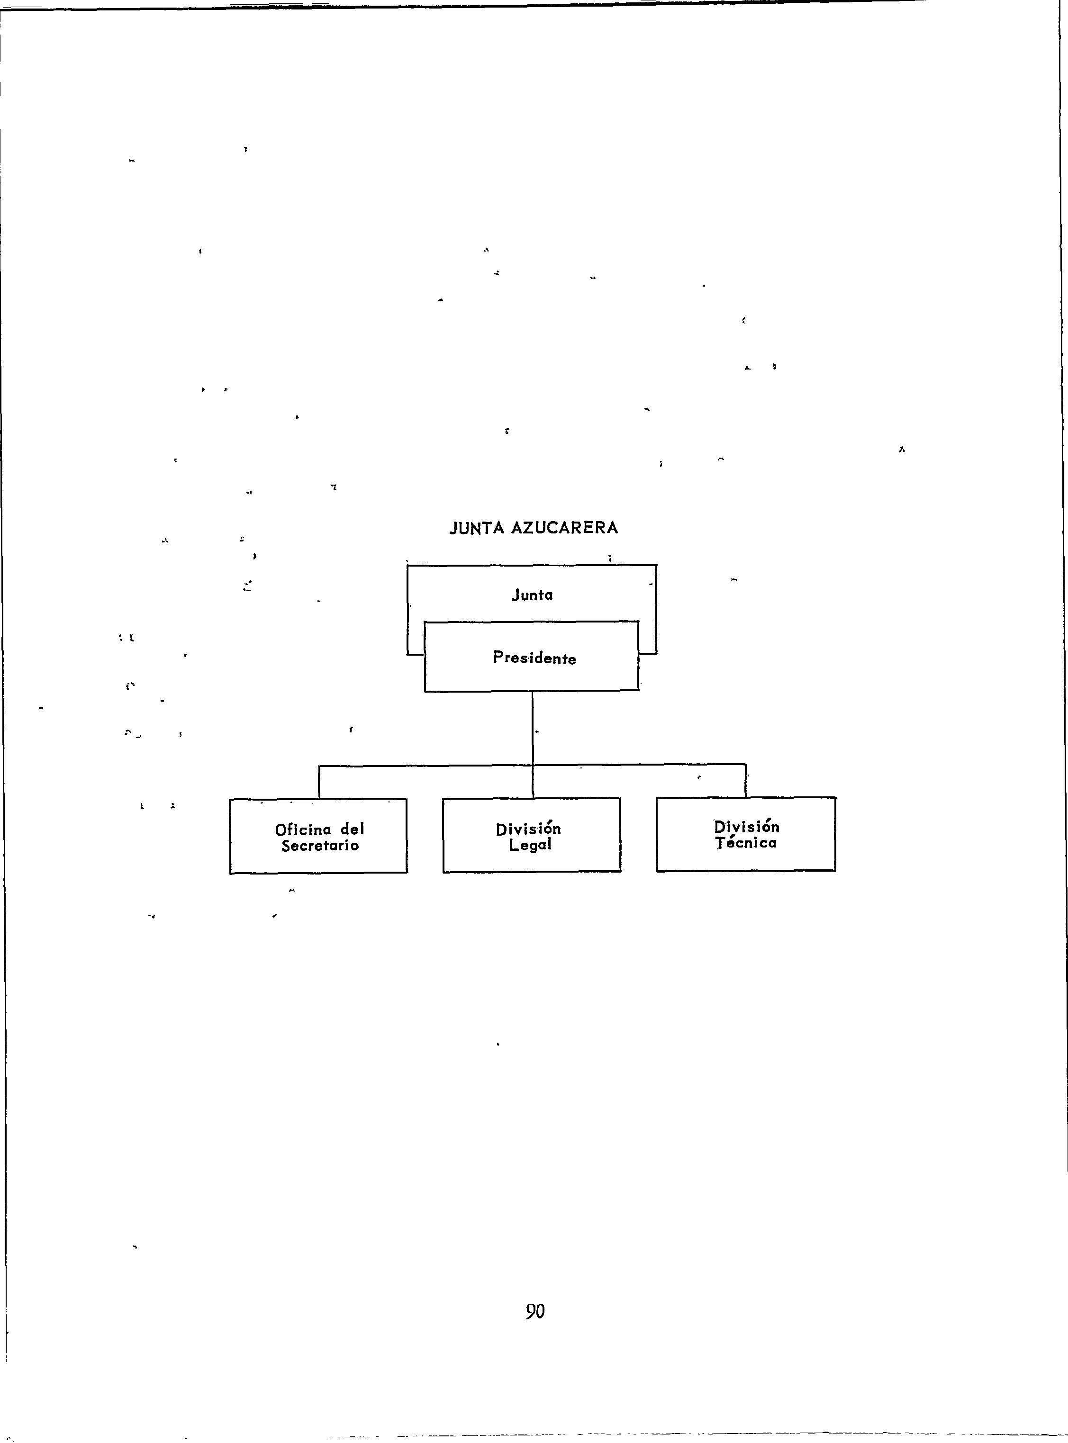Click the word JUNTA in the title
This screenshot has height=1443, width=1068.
[x=477, y=528]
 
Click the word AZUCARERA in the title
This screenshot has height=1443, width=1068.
[x=564, y=528]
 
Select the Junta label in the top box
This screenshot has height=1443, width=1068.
[x=532, y=595]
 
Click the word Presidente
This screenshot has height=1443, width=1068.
[x=534, y=658]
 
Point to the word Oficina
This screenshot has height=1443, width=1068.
[x=303, y=829]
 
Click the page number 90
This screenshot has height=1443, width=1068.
[x=534, y=1311]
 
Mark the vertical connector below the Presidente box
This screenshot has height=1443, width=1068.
[x=533, y=727]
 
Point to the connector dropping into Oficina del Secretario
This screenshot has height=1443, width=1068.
[x=319, y=783]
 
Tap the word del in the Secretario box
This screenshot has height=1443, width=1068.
[x=353, y=829]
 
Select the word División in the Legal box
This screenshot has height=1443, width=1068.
[x=528, y=829]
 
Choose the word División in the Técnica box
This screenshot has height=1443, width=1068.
[x=747, y=827]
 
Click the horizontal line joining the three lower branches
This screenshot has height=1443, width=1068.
[x=427, y=766]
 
